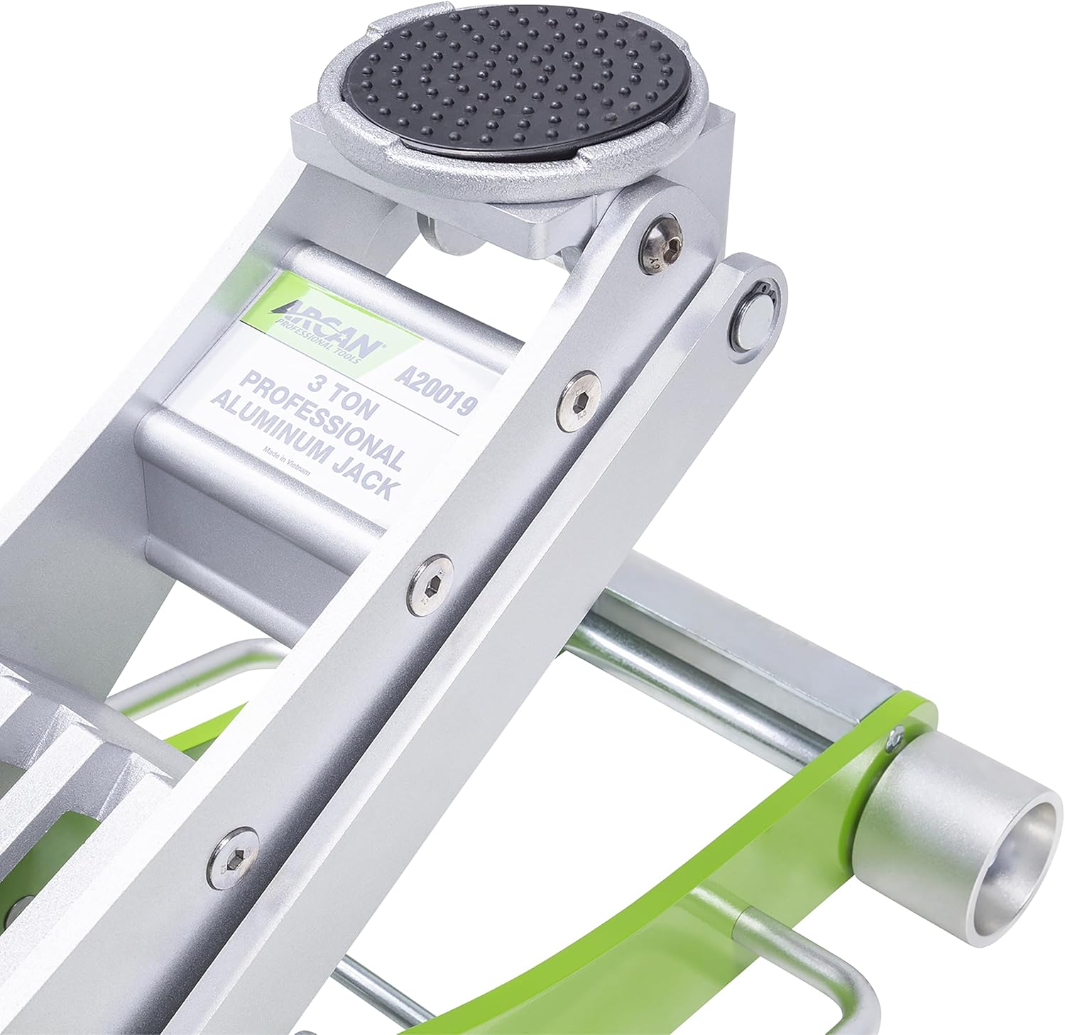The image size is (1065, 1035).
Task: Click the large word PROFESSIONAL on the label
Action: [x=322, y=418]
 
